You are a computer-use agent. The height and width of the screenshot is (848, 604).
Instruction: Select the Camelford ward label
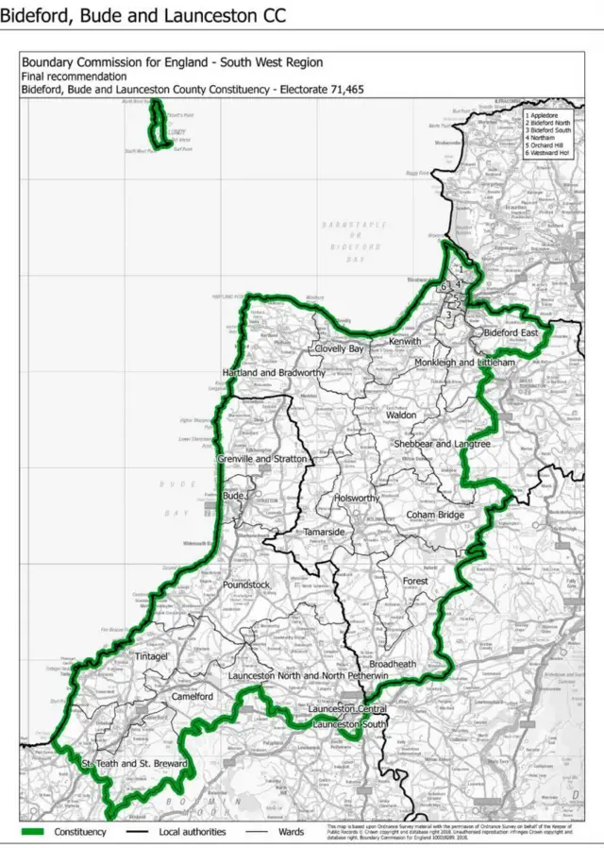pyautogui.click(x=193, y=696)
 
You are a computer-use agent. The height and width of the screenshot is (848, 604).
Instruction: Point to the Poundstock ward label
pyautogui.click(x=245, y=585)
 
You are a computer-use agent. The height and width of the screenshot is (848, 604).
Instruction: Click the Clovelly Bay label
pyautogui.click(x=339, y=348)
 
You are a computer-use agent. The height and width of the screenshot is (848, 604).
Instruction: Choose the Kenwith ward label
pyautogui.click(x=405, y=340)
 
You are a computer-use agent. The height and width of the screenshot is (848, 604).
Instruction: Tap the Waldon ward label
pyautogui.click(x=400, y=415)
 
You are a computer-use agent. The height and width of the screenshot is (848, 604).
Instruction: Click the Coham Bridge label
pyautogui.click(x=435, y=515)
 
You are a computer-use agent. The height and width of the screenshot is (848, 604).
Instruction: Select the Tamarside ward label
pyautogui.click(x=324, y=533)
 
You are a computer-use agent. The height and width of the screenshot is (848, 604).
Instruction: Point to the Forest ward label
pyautogui.click(x=415, y=581)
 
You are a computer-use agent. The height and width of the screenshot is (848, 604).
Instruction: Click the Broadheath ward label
pyautogui.click(x=393, y=664)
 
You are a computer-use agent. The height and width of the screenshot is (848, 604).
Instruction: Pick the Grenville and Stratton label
pyautogui.click(x=262, y=458)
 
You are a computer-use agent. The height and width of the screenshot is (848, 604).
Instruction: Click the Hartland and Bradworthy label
pyautogui.click(x=274, y=373)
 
